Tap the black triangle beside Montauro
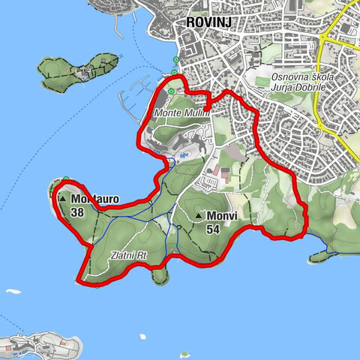(x=63, y=199)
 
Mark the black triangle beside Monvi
(x=199, y=217)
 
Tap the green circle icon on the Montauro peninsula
(x=66, y=179)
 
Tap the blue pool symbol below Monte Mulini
(x=172, y=159)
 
